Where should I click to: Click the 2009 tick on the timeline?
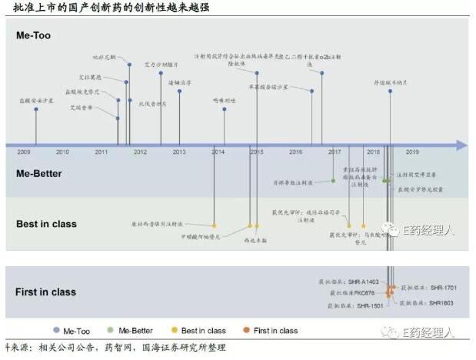click(24, 152)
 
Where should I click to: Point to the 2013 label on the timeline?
click(179, 152)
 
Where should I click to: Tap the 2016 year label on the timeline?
click(296, 152)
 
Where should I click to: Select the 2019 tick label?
click(412, 152)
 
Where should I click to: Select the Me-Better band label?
click(39, 174)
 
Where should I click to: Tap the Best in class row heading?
click(46, 224)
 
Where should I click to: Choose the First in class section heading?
click(45, 292)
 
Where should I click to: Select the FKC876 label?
click(364, 293)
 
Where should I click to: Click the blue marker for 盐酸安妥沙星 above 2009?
click(36, 109)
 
